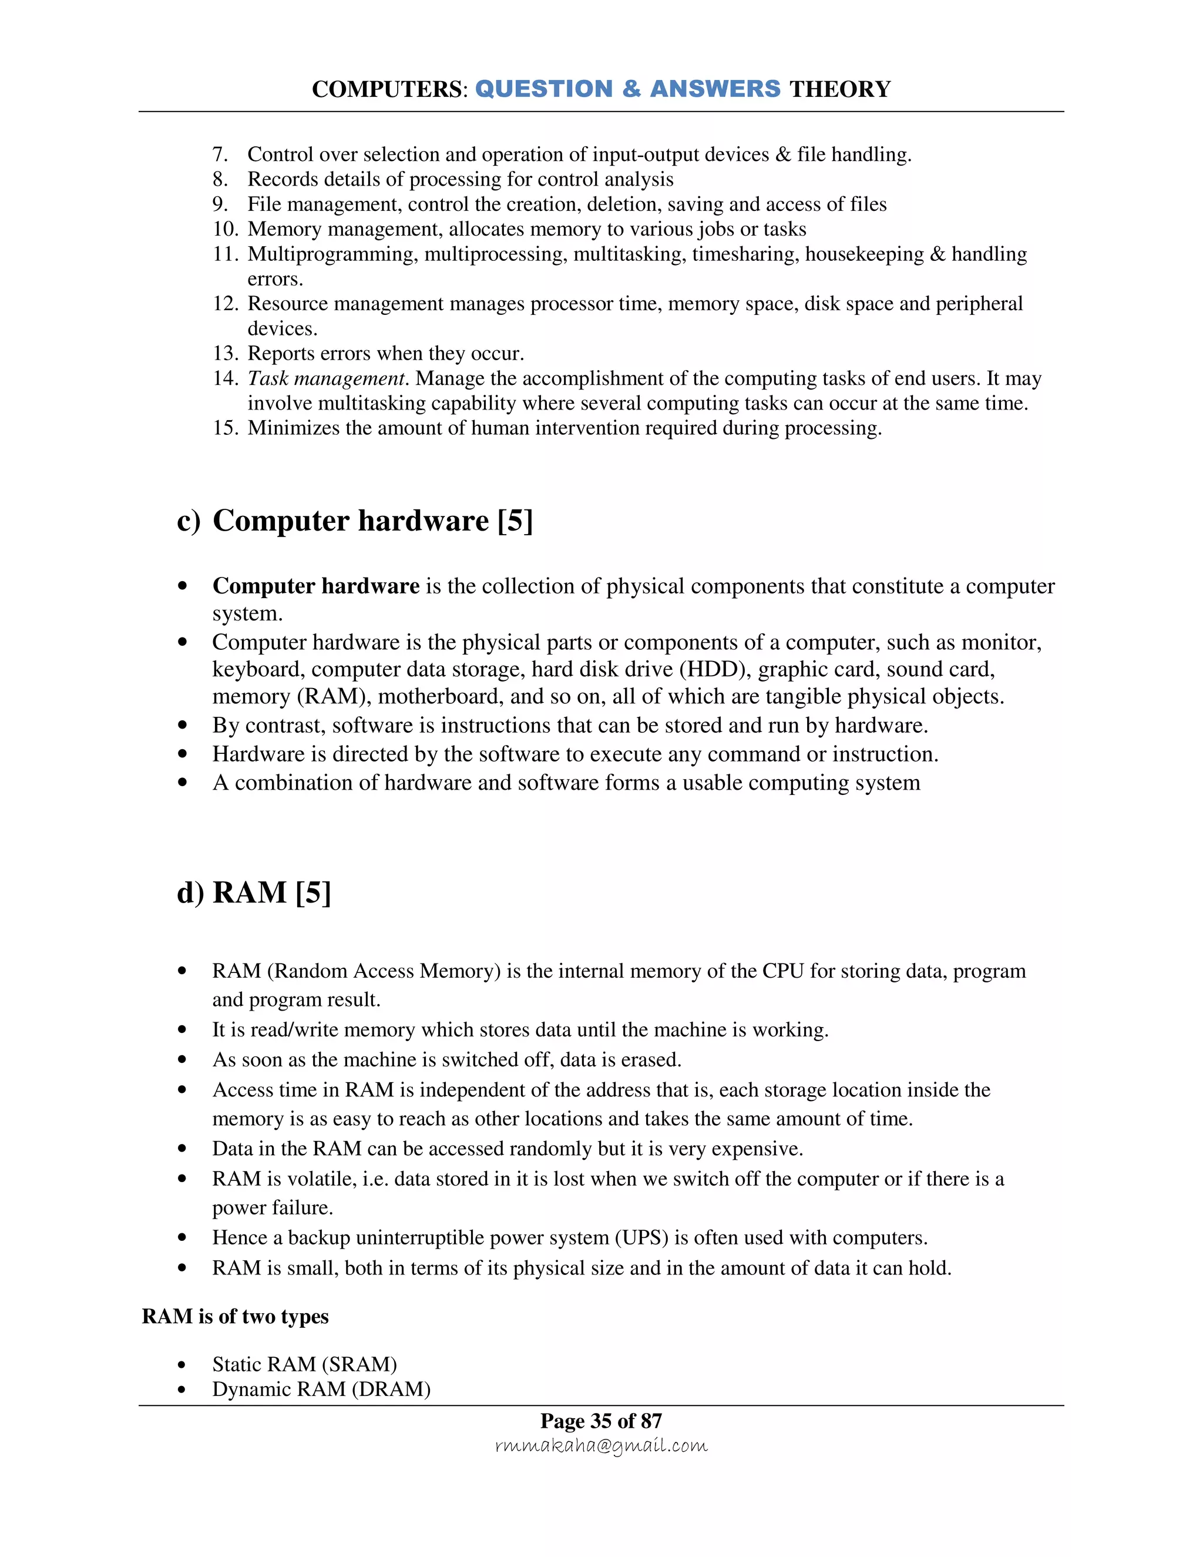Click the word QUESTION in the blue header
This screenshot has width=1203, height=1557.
pyautogui.click(x=543, y=89)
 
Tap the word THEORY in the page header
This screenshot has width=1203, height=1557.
pyautogui.click(x=839, y=89)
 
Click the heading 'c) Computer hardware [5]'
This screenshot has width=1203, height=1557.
pyautogui.click(x=354, y=521)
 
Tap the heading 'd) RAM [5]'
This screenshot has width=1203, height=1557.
pyautogui.click(x=254, y=892)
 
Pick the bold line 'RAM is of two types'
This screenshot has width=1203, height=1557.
pyautogui.click(x=235, y=1316)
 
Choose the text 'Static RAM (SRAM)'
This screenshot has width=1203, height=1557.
pyautogui.click(x=304, y=1364)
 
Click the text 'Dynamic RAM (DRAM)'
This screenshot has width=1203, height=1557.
pyautogui.click(x=321, y=1389)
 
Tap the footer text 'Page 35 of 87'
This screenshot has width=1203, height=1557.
pyautogui.click(x=601, y=1421)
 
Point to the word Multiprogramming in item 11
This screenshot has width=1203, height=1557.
pyautogui.click(x=332, y=254)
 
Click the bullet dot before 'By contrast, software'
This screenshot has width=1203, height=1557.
pyautogui.click(x=183, y=725)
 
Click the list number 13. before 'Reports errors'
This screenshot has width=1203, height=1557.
pyautogui.click(x=224, y=354)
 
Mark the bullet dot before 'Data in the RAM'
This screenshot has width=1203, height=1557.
pyautogui.click(x=183, y=1149)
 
